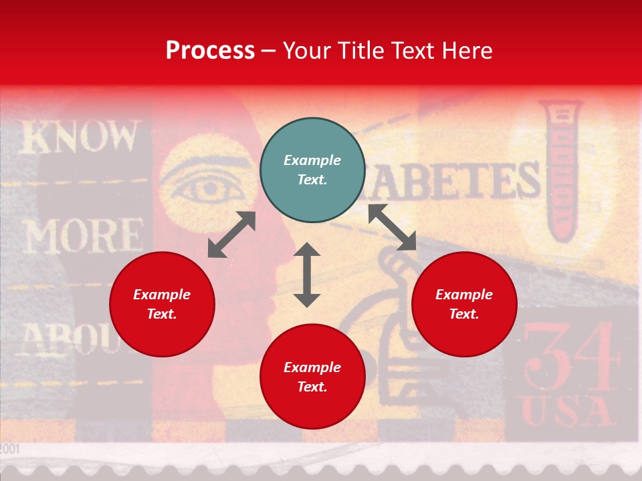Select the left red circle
[162, 304]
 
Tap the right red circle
[464, 304]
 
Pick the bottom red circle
[312, 377]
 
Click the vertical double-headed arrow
[307, 275]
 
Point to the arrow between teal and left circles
[231, 234]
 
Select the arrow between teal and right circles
[393, 227]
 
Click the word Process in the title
[210, 50]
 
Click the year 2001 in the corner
[10, 448]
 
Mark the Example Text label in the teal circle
[312, 170]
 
